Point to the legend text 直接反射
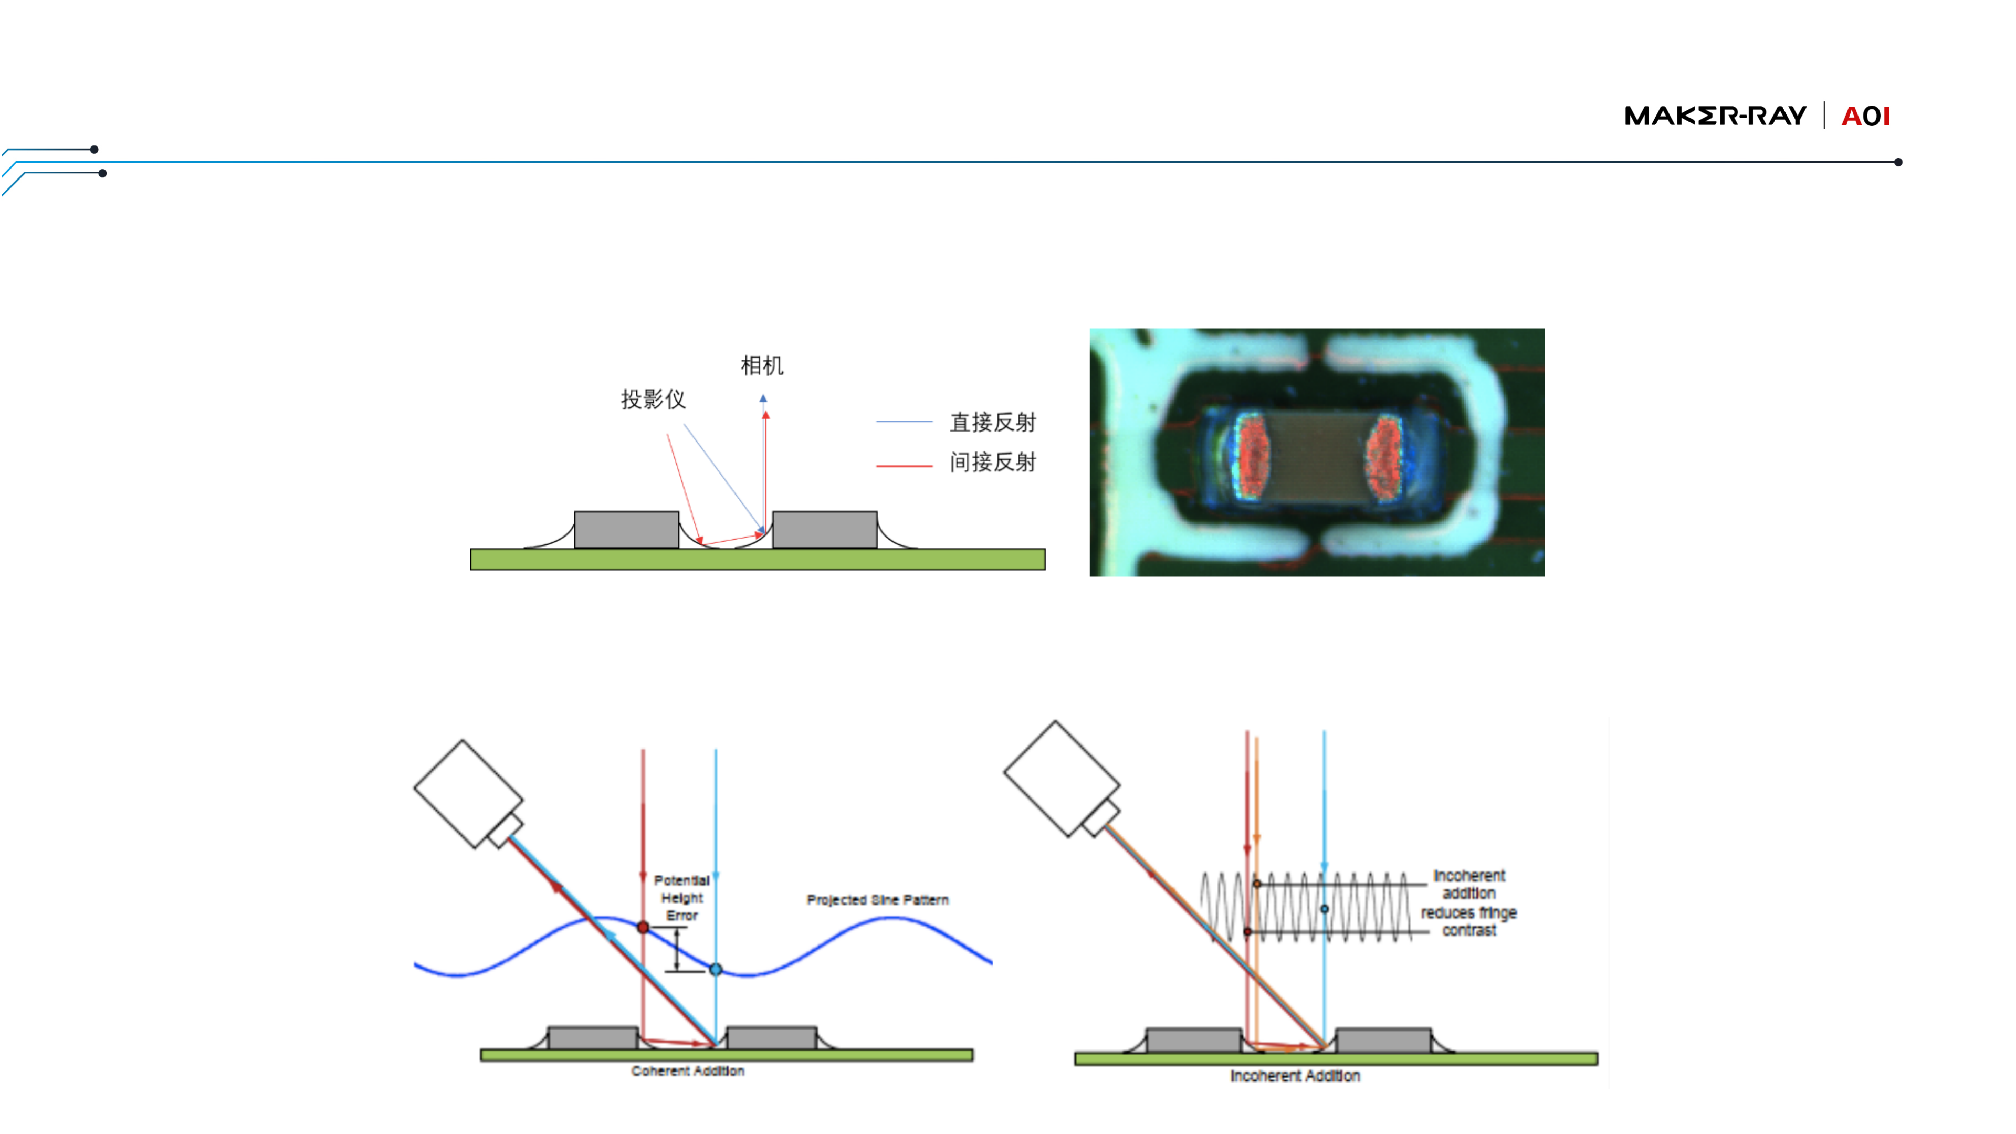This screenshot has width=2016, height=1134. coord(992,423)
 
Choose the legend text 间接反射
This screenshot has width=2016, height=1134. coord(992,463)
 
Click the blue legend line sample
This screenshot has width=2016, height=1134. coord(904,422)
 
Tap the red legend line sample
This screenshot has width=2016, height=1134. coord(904,466)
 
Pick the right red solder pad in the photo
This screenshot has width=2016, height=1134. coord(1384,457)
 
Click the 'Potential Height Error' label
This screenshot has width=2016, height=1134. coord(681,898)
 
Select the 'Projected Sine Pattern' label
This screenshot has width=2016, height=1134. coord(877,900)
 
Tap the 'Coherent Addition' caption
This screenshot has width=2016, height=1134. coord(687,1070)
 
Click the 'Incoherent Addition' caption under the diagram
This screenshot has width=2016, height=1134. coord(1295,1076)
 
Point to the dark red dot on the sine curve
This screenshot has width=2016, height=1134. coord(643,927)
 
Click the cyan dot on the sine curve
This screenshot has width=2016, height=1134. coord(716,970)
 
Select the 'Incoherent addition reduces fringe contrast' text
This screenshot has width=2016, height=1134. coord(1468,902)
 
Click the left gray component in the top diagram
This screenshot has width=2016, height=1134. coord(626,530)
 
